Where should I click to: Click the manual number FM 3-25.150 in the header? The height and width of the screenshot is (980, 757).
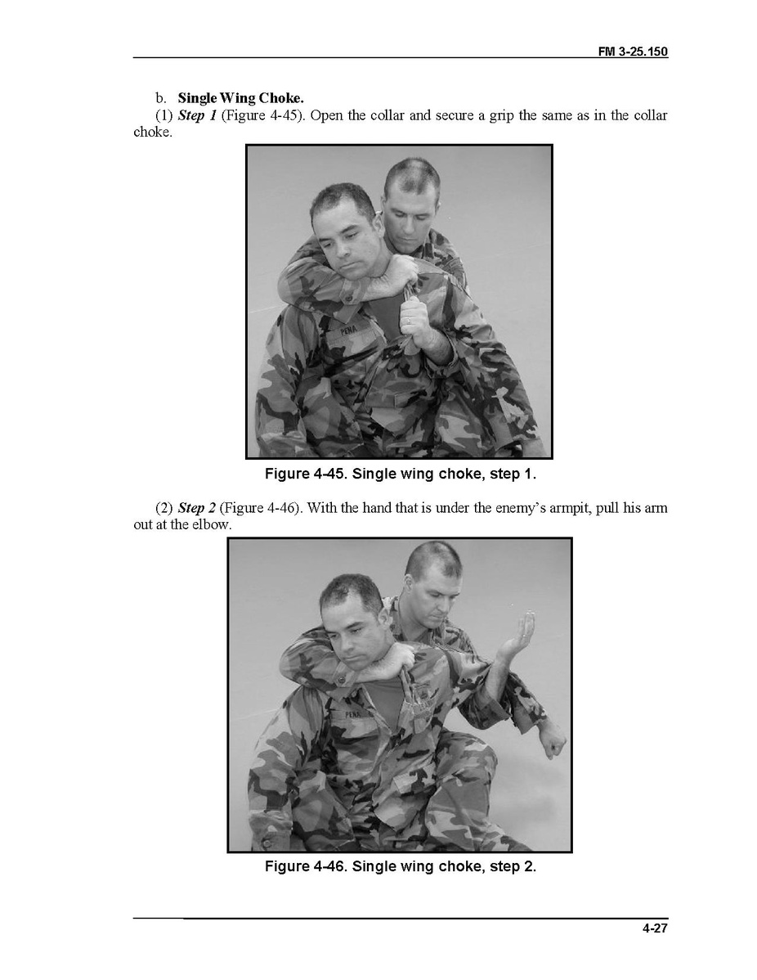coord(633,52)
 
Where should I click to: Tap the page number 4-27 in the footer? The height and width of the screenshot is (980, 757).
coord(655,928)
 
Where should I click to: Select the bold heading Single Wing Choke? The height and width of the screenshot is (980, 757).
coord(240,98)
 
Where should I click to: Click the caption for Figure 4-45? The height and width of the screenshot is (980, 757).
coord(401,474)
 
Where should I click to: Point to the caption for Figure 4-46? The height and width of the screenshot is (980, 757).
coord(401,866)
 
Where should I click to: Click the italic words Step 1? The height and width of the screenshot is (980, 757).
coord(197,115)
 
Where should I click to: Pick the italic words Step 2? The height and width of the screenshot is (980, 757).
coord(197,507)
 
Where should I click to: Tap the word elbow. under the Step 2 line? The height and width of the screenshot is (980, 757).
coord(212,524)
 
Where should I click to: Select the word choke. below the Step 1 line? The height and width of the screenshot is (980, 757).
coord(152,132)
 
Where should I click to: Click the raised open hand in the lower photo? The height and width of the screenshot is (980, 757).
coord(517,637)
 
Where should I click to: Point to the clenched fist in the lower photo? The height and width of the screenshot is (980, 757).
coord(553,744)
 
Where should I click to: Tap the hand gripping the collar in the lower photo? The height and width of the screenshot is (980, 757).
coord(400,659)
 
